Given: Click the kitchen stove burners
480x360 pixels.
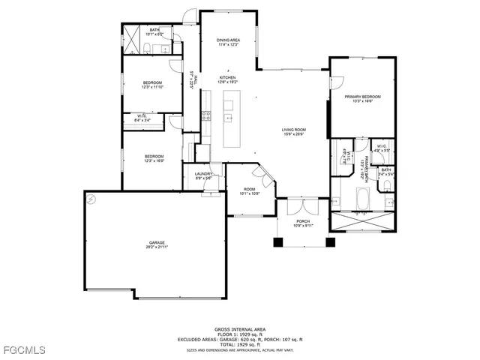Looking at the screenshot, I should click(x=206, y=116).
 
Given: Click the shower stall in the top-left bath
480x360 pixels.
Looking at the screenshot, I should click(x=133, y=42).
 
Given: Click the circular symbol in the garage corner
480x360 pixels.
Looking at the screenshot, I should click(x=91, y=199).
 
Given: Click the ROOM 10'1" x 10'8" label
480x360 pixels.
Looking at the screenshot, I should click(x=249, y=191).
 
